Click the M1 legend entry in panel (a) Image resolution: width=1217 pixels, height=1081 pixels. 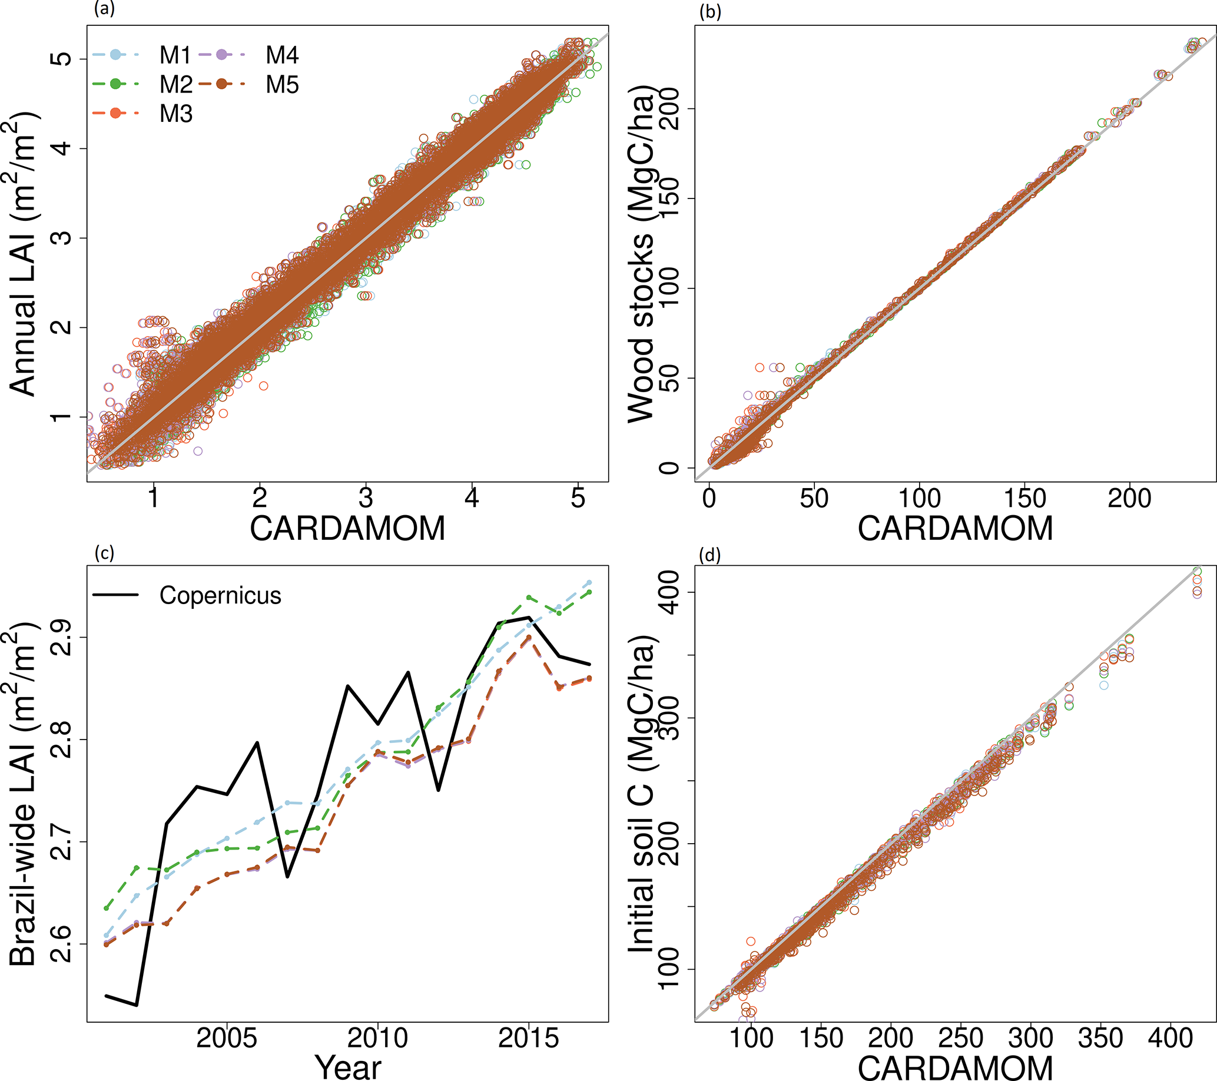tap(174, 55)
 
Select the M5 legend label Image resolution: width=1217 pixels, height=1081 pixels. tap(281, 85)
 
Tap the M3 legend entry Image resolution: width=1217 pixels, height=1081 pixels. tap(175, 113)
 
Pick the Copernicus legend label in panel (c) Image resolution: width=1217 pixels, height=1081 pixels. tap(220, 595)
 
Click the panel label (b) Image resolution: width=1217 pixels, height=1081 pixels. tap(709, 12)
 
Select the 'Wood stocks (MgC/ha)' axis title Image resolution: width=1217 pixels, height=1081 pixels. tap(642, 253)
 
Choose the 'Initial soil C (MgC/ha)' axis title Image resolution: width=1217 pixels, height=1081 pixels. tap(642, 795)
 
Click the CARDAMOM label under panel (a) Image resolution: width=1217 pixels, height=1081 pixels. tap(348, 528)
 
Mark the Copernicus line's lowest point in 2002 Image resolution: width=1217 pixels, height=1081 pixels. tap(137, 1006)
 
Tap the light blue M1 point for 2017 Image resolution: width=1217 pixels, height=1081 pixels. tap(589, 582)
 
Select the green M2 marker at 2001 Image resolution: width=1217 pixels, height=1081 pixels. tap(107, 908)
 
